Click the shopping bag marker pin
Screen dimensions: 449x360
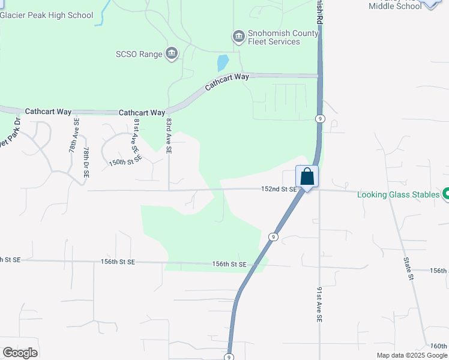point(307,177)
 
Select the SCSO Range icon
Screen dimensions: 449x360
point(172,54)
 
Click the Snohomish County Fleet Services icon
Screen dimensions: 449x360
point(239,37)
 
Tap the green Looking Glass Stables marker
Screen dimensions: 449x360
point(445,194)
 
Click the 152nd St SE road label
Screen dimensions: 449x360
point(279,189)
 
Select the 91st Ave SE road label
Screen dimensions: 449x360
point(319,305)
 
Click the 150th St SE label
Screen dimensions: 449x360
point(125,161)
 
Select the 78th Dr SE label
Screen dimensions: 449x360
point(86,161)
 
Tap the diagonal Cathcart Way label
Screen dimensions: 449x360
point(227,82)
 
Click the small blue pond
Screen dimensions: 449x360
point(222,62)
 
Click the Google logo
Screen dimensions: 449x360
point(20,353)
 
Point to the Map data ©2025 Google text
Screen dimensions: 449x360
point(412,355)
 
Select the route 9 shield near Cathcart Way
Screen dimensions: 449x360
point(321,119)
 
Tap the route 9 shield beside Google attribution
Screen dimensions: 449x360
point(229,356)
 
